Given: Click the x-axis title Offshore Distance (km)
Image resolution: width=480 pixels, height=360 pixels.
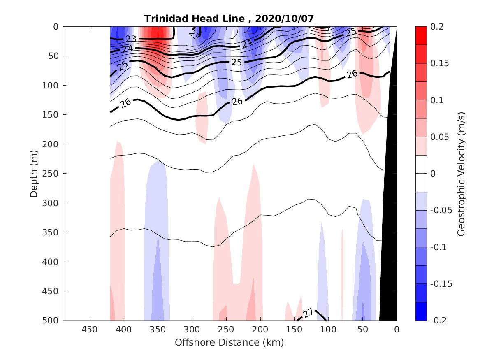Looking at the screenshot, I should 230,342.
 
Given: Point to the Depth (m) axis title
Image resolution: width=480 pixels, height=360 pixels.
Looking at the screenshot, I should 34,173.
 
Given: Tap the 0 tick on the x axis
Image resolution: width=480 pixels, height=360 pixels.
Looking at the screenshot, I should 397,330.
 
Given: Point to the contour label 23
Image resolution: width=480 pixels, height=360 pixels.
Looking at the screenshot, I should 131,39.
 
